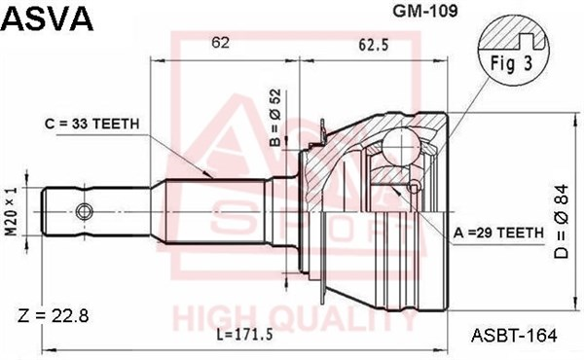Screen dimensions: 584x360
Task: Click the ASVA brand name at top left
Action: point(48,18)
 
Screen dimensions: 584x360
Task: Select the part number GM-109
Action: point(425,11)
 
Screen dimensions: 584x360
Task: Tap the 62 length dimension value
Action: point(220,43)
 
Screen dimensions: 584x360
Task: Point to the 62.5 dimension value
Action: point(373,45)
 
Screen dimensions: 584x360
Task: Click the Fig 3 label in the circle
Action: point(512,63)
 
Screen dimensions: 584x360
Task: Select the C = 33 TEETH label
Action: point(92,124)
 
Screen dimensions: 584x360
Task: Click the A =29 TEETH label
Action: point(498,233)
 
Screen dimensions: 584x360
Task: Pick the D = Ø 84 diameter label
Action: point(562,221)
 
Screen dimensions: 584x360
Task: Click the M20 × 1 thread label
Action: point(12,211)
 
